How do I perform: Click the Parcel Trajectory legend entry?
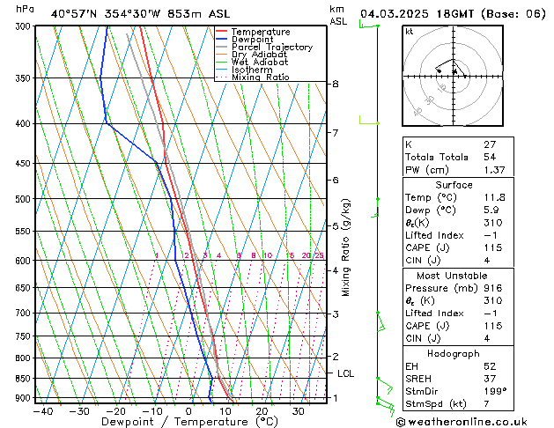tap(271, 48)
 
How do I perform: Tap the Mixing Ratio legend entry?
tap(260, 77)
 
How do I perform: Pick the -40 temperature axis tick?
tap(41, 411)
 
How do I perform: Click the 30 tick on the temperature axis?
tap(299, 411)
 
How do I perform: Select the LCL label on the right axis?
tap(346, 373)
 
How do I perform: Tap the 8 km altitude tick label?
tap(335, 84)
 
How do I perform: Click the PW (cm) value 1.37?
tap(493, 169)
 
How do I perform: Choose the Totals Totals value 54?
tap(490, 156)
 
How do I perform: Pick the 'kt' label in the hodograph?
tap(409, 31)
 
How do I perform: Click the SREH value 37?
tap(490, 378)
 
